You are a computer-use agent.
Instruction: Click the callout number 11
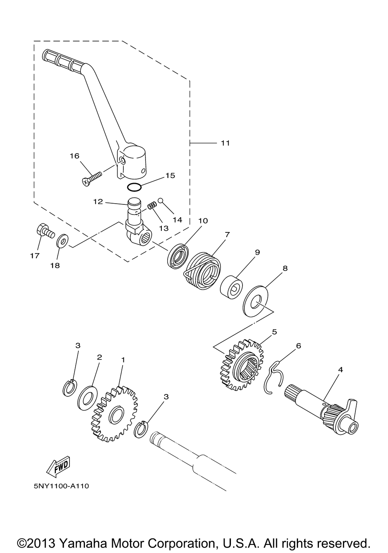225,143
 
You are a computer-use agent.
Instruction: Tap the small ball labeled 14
161,200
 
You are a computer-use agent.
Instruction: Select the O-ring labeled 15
134,187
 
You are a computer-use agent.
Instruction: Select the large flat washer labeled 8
256,302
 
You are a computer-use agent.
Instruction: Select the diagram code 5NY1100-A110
61,492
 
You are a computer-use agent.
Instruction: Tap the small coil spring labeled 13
152,205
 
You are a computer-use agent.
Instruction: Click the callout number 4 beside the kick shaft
340,370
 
